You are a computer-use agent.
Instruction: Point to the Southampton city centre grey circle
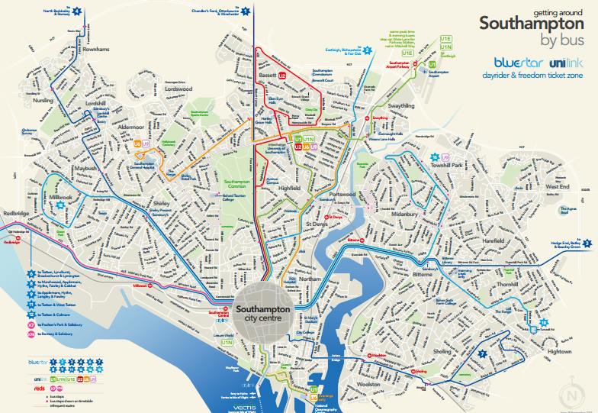point(263,312)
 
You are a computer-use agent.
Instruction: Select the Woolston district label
point(368,384)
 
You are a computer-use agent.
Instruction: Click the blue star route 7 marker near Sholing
point(481,353)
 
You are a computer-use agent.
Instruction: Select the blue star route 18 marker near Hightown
point(543,323)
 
